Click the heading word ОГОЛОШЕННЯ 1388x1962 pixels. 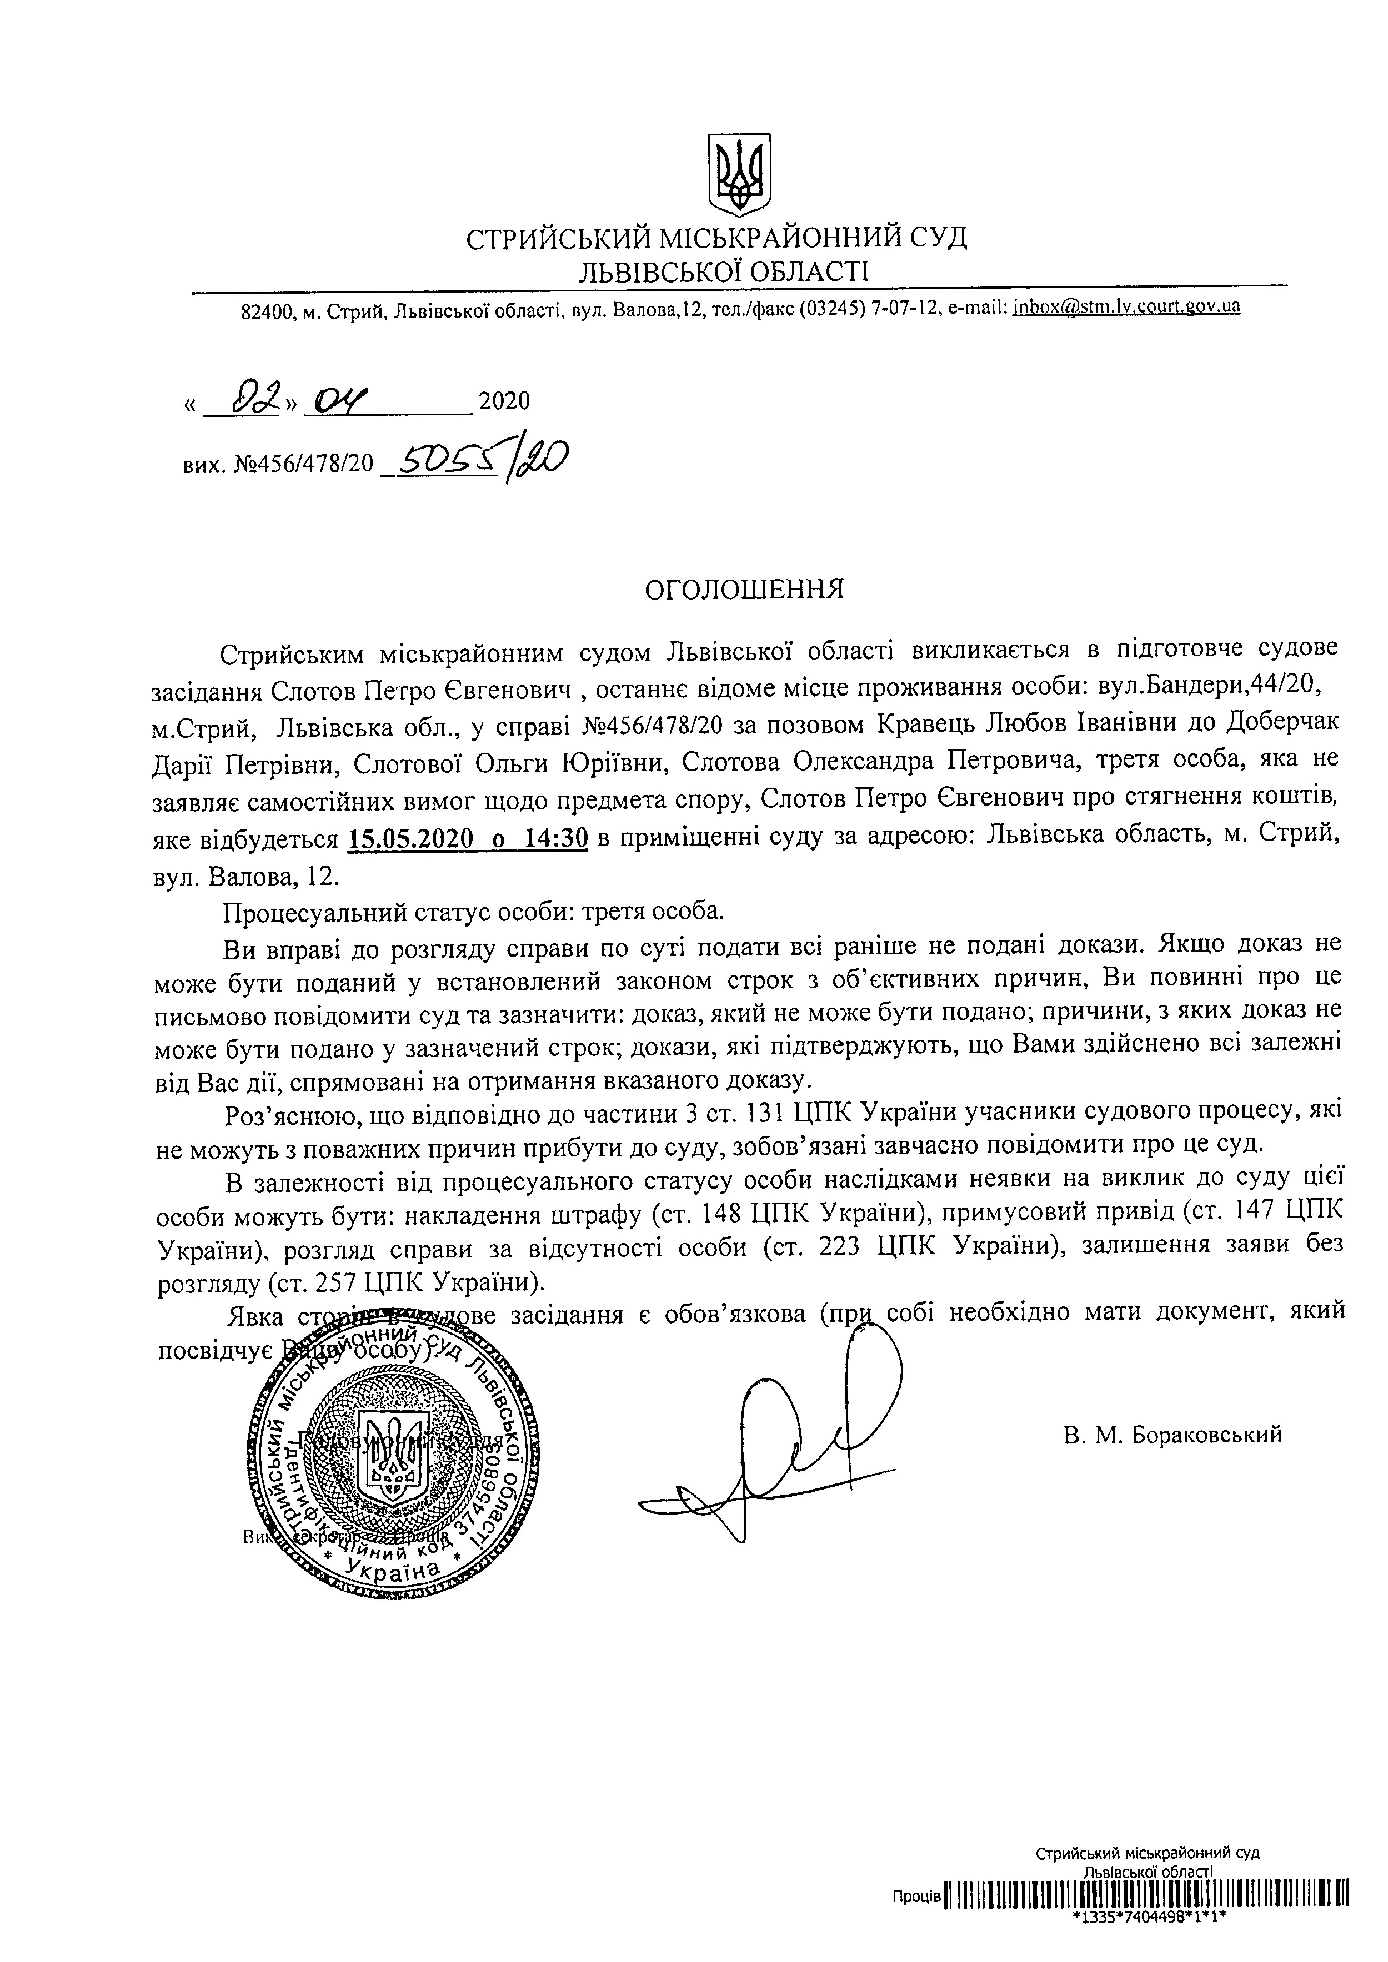744,590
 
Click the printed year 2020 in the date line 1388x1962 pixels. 504,401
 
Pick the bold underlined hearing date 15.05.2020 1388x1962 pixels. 410,840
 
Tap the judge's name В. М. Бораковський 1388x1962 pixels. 1172,1435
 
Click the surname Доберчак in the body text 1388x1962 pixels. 1282,724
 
